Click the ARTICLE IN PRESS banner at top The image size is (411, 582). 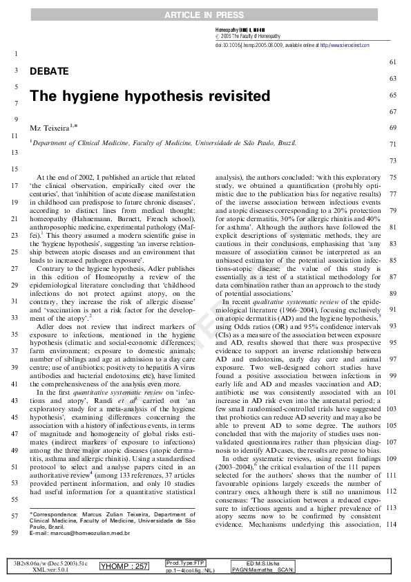[x=205, y=15]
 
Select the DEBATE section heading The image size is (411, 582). [x=49, y=71]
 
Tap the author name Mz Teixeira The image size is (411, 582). [x=52, y=129]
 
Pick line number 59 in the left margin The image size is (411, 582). [x=15, y=533]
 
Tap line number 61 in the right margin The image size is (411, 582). [x=393, y=62]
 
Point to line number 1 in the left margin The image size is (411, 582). [x=15, y=54]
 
